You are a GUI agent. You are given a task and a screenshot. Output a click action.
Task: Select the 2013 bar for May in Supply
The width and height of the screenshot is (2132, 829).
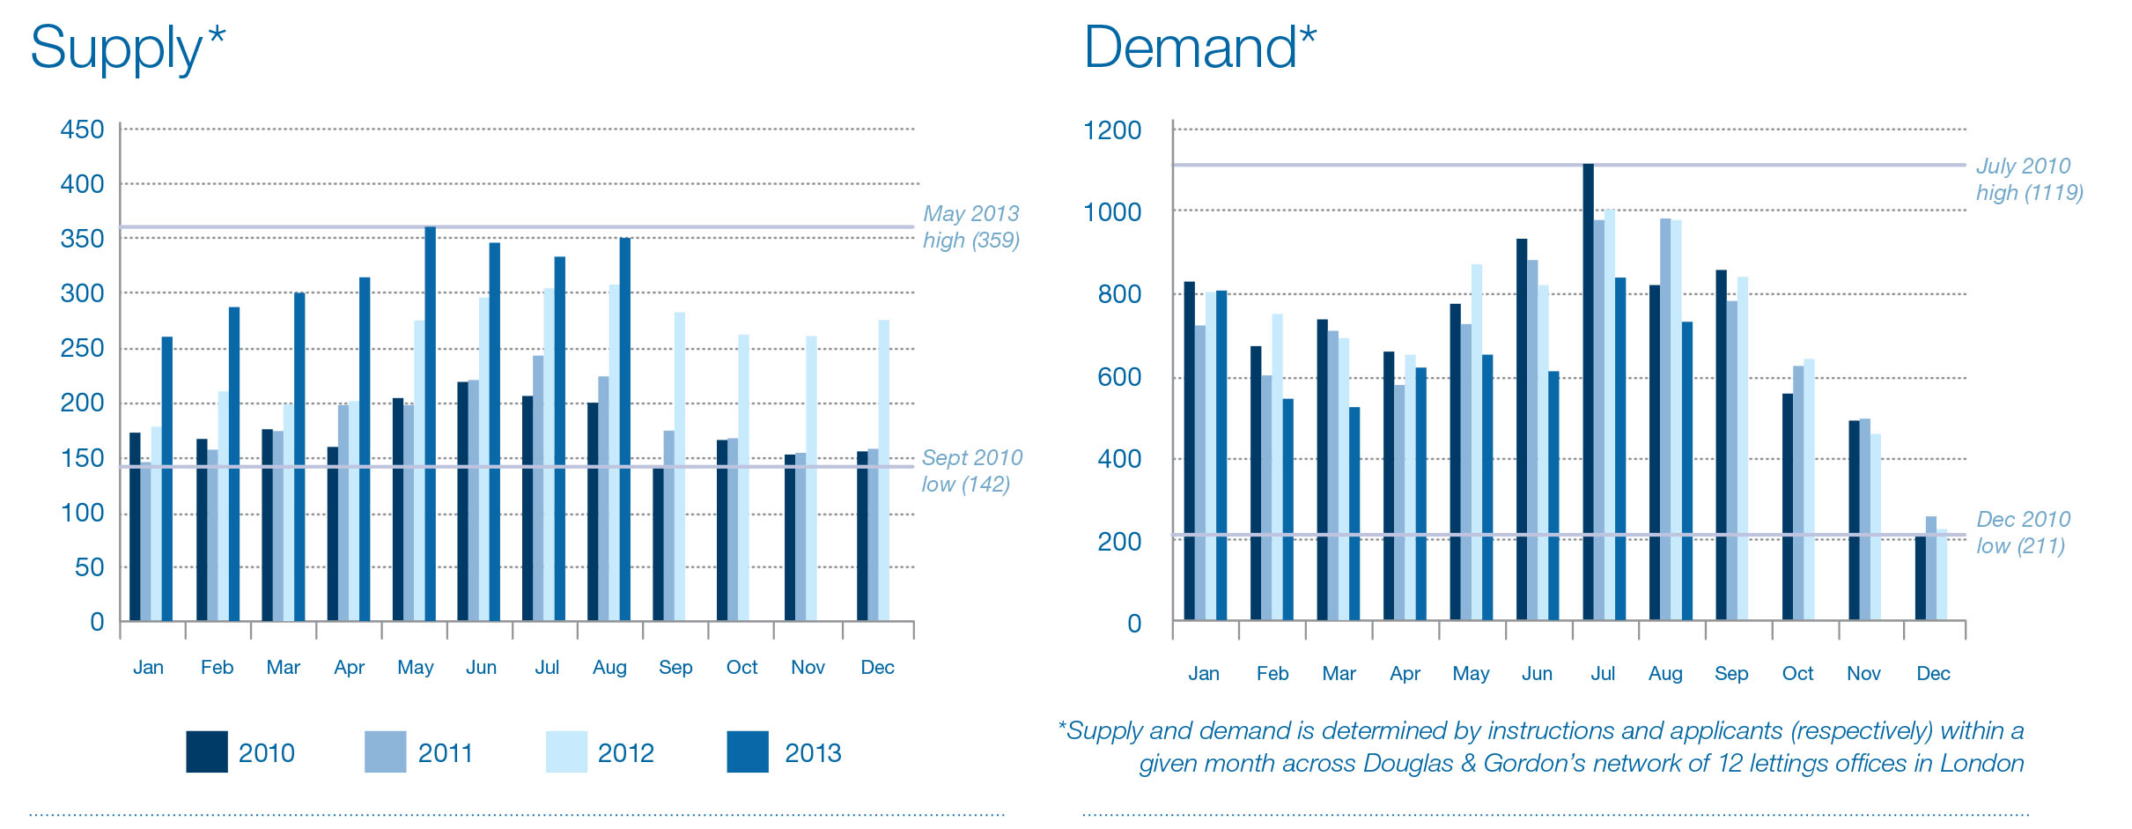click(x=430, y=423)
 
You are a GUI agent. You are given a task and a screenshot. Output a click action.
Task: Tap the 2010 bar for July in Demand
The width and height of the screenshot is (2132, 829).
click(x=1588, y=392)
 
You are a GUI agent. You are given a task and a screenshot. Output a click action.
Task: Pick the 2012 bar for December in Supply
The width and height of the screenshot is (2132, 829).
click(x=883, y=470)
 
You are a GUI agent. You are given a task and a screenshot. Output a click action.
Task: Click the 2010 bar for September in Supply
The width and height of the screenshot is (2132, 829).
click(x=658, y=544)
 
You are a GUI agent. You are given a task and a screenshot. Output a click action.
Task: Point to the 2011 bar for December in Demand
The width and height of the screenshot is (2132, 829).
click(x=1930, y=568)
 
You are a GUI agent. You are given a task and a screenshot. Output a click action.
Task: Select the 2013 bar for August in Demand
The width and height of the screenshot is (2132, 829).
click(x=1686, y=470)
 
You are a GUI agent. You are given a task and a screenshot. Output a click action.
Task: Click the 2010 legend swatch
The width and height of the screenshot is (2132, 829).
click(x=207, y=751)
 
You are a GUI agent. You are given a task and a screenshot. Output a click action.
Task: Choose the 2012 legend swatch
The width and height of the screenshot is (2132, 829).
click(x=566, y=751)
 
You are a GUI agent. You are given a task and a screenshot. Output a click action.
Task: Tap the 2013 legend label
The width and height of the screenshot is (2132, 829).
click(x=812, y=753)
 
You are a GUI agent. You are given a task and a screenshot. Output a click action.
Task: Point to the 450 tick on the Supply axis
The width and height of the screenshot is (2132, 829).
click(x=82, y=130)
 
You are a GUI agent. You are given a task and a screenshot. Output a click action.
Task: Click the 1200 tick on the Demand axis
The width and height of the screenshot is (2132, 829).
click(x=1111, y=130)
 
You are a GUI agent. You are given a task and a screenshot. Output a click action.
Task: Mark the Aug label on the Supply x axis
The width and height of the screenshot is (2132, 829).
click(x=609, y=667)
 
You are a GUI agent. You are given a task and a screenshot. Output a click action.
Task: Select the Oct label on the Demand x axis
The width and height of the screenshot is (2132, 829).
click(x=1797, y=673)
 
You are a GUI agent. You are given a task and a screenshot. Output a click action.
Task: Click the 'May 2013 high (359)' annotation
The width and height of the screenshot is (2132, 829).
click(x=970, y=226)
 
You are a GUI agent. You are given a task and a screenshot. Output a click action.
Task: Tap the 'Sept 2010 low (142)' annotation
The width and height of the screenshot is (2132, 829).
click(x=971, y=470)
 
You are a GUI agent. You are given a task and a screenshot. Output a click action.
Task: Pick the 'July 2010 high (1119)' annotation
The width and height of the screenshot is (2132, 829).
click(x=2028, y=179)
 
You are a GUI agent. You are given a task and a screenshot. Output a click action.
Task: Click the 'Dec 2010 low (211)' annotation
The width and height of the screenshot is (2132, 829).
click(x=2023, y=532)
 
